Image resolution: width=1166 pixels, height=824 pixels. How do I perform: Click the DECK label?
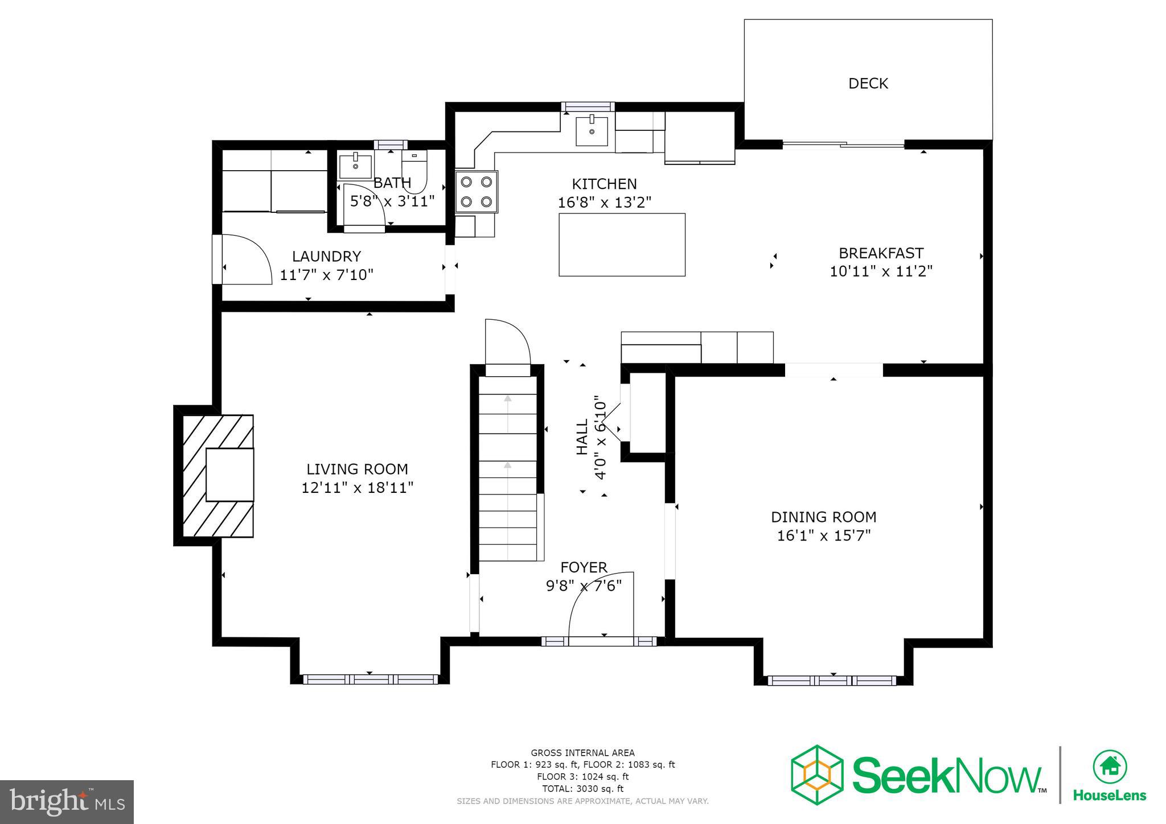(868, 84)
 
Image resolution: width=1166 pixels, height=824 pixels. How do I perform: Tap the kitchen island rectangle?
(622, 245)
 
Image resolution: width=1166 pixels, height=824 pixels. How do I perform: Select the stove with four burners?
(477, 192)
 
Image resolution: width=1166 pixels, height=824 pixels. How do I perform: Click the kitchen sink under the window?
(592, 131)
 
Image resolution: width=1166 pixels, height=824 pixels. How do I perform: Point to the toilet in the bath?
(414, 171)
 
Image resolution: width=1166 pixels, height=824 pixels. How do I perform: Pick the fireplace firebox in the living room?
(229, 475)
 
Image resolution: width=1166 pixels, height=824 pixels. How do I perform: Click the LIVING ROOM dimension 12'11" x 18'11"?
(357, 488)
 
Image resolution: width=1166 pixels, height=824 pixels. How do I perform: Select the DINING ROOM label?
(823, 517)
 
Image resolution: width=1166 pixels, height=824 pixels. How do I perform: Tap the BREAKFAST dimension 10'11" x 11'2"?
(880, 271)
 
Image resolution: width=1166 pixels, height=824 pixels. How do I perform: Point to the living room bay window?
(370, 679)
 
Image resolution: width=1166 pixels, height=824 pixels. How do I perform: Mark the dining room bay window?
(832, 680)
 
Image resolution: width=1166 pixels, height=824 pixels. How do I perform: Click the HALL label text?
(582, 437)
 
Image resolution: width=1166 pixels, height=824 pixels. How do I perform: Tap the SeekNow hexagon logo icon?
(817, 774)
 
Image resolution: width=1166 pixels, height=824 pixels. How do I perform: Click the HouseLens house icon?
(1110, 767)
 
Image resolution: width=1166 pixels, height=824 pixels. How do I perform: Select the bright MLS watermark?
(67, 802)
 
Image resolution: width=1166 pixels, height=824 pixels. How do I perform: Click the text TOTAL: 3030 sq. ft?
(582, 789)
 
